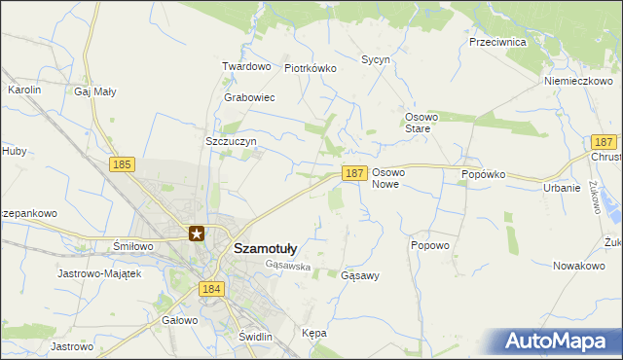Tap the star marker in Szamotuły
pyautogui.click(x=197, y=234)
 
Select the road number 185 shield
pyautogui.click(x=122, y=165)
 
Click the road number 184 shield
pyautogui.click(x=212, y=289)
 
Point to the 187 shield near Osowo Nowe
pyautogui.click(x=354, y=173)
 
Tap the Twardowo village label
pyautogui.click(x=245, y=67)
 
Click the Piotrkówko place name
pyautogui.click(x=310, y=69)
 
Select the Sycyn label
pyautogui.click(x=376, y=60)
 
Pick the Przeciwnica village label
pyautogui.click(x=497, y=43)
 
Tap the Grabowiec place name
pyautogui.click(x=249, y=98)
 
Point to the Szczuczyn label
pyautogui.click(x=231, y=141)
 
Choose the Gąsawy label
pyautogui.click(x=360, y=276)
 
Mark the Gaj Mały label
pyautogui.click(x=95, y=91)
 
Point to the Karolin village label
pyautogui.click(x=24, y=90)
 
